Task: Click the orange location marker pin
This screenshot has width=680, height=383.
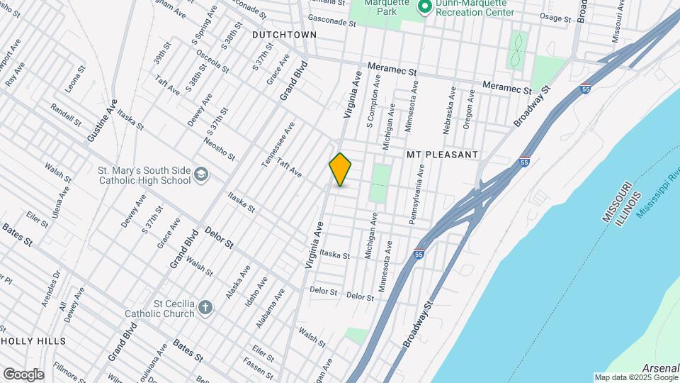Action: pos(341,169)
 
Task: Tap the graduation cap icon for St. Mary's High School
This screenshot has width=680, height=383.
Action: pos(201,174)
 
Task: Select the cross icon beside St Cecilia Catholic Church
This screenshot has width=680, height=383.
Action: pos(205,307)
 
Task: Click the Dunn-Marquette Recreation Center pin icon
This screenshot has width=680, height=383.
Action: pos(425,7)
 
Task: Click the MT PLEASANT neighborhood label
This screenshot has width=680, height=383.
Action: pos(443,154)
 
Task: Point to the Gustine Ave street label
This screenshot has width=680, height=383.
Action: pos(101,121)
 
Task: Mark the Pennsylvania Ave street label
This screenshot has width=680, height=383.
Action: pos(416,195)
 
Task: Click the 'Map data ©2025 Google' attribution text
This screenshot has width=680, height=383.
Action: pos(635,377)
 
